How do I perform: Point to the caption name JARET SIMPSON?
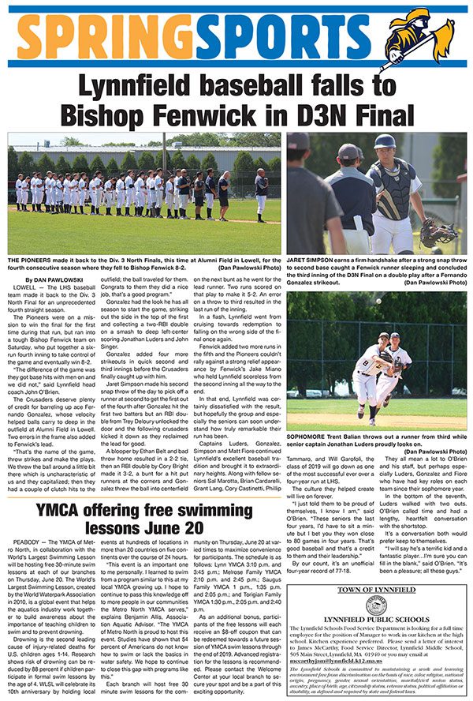pyautogui.click(x=310, y=265)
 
